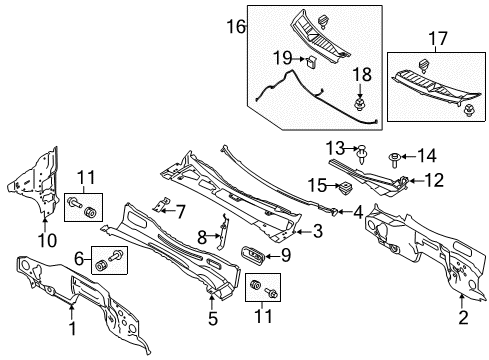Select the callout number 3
click(x=316, y=233)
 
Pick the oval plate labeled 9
click(x=255, y=256)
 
